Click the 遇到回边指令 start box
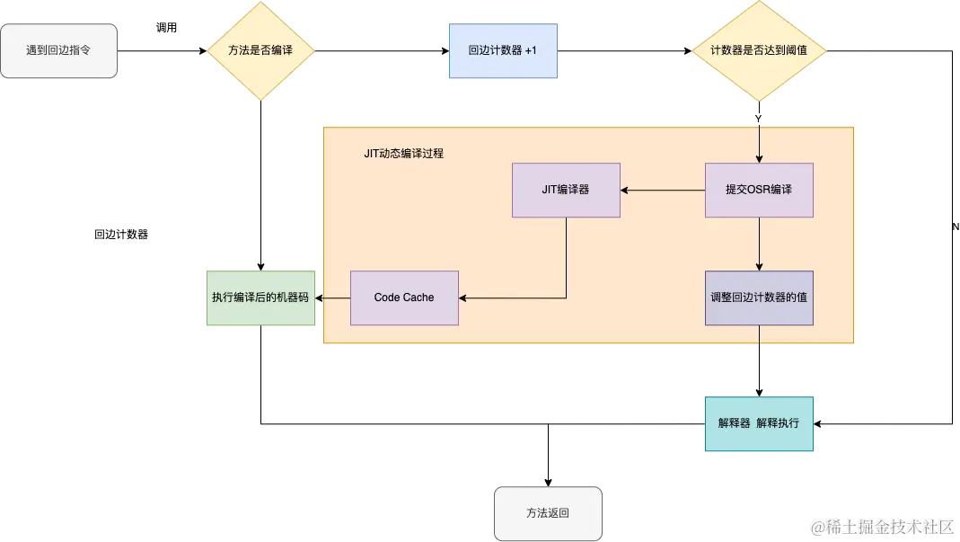(x=59, y=50)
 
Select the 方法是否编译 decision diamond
(x=260, y=50)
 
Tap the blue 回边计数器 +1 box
(x=502, y=50)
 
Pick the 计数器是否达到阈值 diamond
(x=759, y=50)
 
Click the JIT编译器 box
(x=566, y=190)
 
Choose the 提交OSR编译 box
(x=759, y=190)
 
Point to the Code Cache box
(x=404, y=298)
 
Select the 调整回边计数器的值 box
(x=759, y=298)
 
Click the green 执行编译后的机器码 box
(x=260, y=298)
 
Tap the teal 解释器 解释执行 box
(x=759, y=423)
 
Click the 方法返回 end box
(x=548, y=513)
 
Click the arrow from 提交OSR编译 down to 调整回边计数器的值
(x=760, y=244)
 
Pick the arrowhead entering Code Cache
(x=463, y=298)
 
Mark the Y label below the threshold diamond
(x=758, y=119)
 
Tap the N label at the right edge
(x=956, y=227)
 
